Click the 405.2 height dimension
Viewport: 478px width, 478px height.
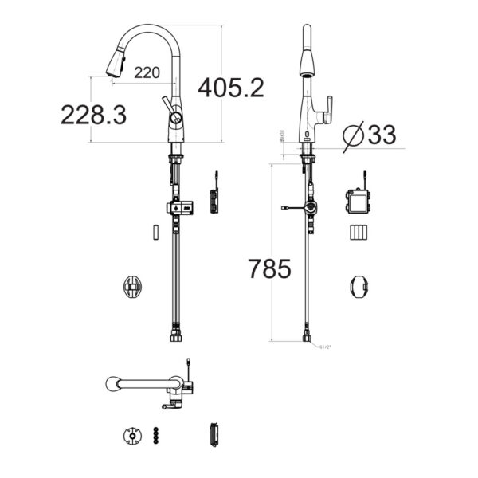tap(230, 88)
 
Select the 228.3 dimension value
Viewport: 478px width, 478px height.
tap(93, 115)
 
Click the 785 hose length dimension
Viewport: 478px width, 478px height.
tap(268, 269)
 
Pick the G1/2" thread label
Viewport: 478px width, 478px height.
tap(326, 347)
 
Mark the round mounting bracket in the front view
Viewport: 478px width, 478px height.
tap(133, 286)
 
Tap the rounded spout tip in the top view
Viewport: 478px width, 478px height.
tap(112, 385)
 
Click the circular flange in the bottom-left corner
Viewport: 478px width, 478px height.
tap(130, 437)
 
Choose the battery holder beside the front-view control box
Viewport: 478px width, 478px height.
tap(214, 201)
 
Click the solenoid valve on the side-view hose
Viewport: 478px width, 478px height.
tap(309, 210)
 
